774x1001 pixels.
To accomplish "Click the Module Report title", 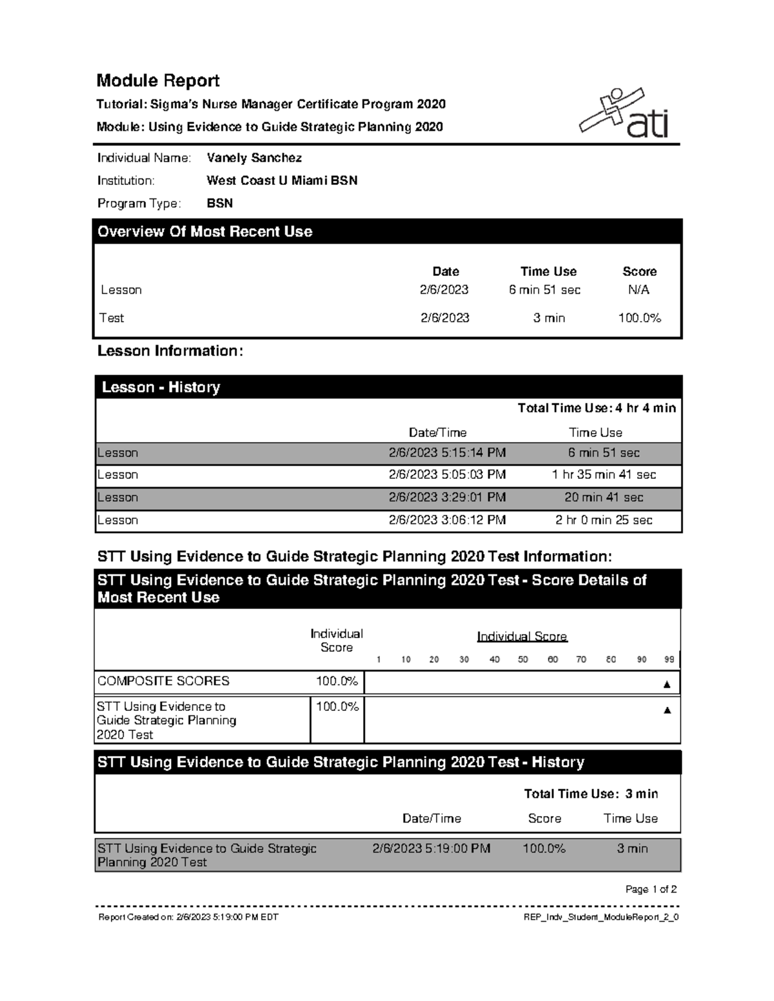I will pos(158,81).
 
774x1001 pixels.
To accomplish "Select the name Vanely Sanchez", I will pos(254,158).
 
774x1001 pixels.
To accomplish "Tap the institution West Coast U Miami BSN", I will pos(282,180).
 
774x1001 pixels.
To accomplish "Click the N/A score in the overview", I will pos(639,290).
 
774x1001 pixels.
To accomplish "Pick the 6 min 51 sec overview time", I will pos(544,290).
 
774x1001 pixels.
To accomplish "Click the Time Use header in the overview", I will pos(548,271).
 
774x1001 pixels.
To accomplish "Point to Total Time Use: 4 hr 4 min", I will pos(597,408).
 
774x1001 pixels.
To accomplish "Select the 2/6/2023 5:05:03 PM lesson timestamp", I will pos(447,475).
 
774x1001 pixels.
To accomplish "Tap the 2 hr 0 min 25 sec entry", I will pos(604,520).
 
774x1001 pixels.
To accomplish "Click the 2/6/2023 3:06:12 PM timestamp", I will pos(447,520).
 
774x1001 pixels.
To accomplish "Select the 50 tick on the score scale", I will pos(523,659).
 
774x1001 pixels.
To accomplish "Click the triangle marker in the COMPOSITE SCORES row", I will pos(667,684).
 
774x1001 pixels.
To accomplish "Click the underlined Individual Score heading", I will pos(522,637).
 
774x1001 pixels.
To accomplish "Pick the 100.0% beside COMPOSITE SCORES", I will pos(337,681).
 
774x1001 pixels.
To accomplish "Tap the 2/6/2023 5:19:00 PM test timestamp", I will pos(431,849).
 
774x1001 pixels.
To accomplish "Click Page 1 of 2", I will pos(651,889).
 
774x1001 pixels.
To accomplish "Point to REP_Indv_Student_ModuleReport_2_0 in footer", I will pos(600,917).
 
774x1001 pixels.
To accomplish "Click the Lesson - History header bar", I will pos(387,387).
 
